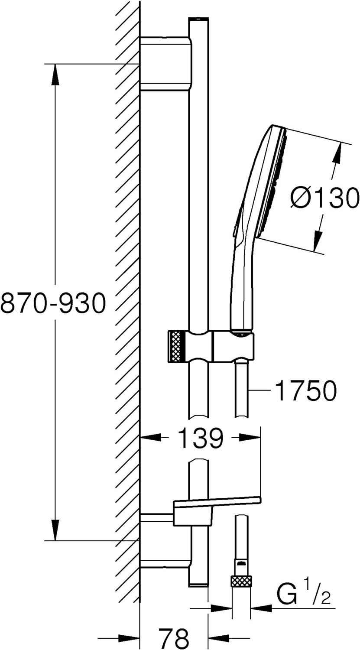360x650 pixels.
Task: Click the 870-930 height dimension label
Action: [x=52, y=302]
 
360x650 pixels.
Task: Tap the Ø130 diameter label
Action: [x=324, y=198]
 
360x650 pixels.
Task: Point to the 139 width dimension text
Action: [x=201, y=438]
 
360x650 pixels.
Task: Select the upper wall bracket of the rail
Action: [x=165, y=64]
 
